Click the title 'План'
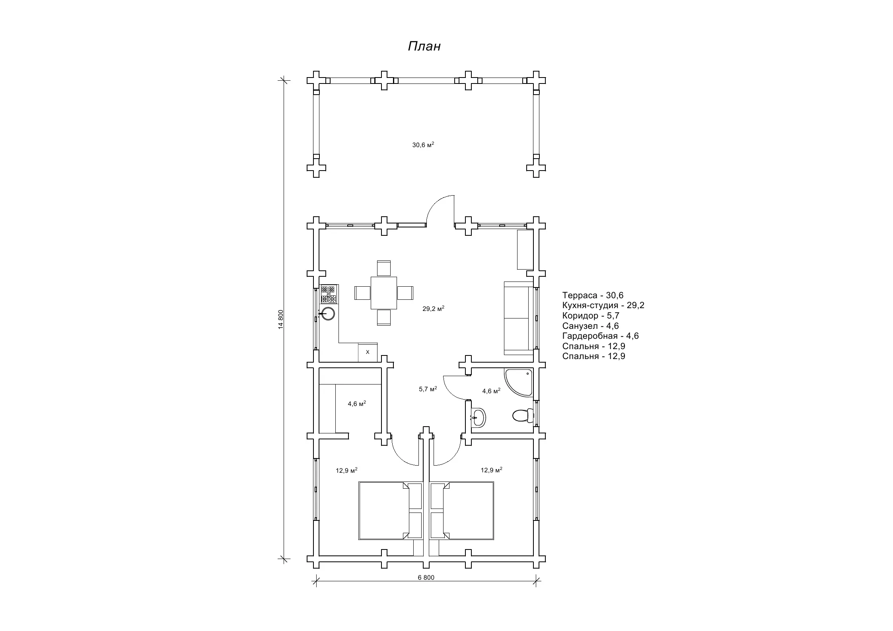tap(424, 47)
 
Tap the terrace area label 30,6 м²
tap(423, 145)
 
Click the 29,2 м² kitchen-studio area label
tap(433, 309)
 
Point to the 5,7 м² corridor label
tap(428, 389)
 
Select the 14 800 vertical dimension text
tap(281, 319)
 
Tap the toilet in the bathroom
tap(523, 415)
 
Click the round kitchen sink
tap(328, 314)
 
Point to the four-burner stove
tap(329, 294)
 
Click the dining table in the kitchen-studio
tap(384, 293)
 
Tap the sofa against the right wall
tap(518, 318)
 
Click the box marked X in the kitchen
tap(368, 352)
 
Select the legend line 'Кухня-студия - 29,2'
tap(603, 305)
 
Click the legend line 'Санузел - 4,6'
tap(590, 326)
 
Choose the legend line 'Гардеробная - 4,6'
tap(600, 336)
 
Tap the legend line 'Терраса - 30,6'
tap(593, 295)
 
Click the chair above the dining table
tap(384, 268)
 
